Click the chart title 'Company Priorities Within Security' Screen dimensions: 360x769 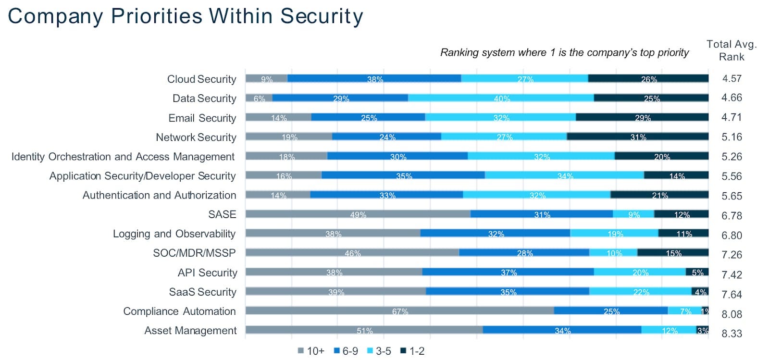pyautogui.click(x=186, y=16)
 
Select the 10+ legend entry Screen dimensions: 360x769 pyautogui.click(x=311, y=351)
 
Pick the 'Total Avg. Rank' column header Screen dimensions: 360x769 pyautogui.click(x=732, y=50)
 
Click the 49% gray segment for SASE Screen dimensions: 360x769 pyautogui.click(x=358, y=214)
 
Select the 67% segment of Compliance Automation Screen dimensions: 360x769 pyautogui.click(x=399, y=310)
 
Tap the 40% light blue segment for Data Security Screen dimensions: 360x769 pyautogui.click(x=501, y=98)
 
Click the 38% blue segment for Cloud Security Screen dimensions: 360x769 pyautogui.click(x=374, y=78)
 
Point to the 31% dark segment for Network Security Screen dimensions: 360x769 pyautogui.click(x=638, y=137)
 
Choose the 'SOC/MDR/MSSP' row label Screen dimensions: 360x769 pyautogui.click(x=194, y=253)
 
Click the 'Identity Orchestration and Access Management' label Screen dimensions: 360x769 pyautogui.click(x=123, y=157)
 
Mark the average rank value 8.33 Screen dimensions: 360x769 pyautogui.click(x=732, y=333)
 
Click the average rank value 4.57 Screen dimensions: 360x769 pyautogui.click(x=732, y=78)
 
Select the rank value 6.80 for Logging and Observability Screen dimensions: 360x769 pyautogui.click(x=732, y=235)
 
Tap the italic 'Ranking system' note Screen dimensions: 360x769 pyautogui.click(x=564, y=52)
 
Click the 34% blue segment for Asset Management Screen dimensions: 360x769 pyautogui.click(x=562, y=330)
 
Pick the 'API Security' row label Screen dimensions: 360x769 pyautogui.click(x=207, y=273)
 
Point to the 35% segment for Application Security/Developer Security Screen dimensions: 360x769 pyautogui.click(x=403, y=175)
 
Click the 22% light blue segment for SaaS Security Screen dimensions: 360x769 pyautogui.click(x=641, y=291)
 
